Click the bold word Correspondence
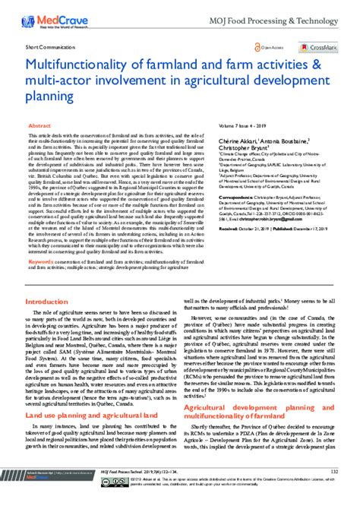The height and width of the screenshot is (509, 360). pos(236,217)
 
